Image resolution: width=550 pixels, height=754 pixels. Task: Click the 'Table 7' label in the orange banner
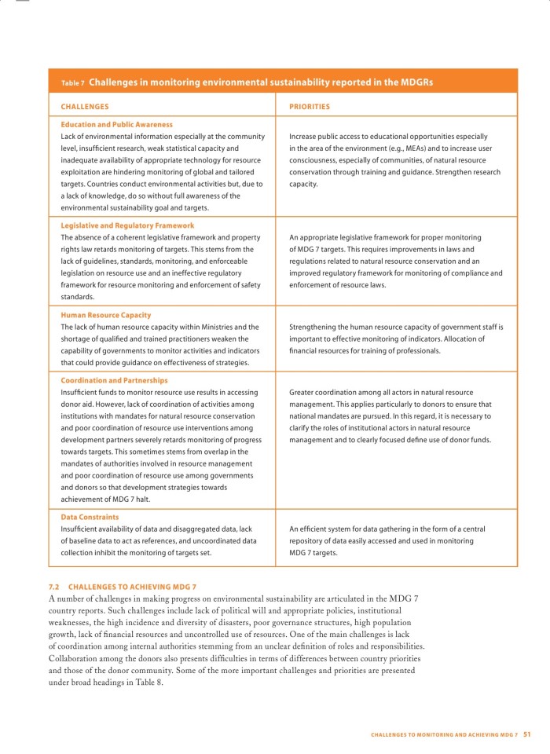click(72, 82)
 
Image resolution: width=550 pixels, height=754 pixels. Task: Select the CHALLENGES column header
click(85, 106)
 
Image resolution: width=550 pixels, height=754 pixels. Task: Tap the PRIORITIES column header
click(310, 106)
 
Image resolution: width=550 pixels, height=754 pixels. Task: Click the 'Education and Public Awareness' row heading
click(116, 124)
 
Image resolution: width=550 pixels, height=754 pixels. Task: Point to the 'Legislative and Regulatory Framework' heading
click(127, 225)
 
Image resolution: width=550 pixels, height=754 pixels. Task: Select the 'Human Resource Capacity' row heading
click(105, 315)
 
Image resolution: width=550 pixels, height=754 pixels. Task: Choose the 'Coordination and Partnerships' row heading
click(114, 380)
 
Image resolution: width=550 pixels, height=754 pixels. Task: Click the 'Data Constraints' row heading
click(90, 517)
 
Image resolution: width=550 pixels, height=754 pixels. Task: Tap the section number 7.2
click(54, 587)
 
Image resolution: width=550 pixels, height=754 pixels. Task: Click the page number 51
click(527, 734)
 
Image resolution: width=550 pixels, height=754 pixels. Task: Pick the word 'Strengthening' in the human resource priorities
click(314, 327)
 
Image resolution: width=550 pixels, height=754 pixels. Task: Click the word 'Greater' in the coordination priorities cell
click(303, 392)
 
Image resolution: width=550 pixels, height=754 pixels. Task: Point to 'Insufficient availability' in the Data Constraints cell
click(101, 529)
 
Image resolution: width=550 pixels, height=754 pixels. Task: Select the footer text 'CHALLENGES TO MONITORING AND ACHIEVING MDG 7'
click(444, 734)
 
